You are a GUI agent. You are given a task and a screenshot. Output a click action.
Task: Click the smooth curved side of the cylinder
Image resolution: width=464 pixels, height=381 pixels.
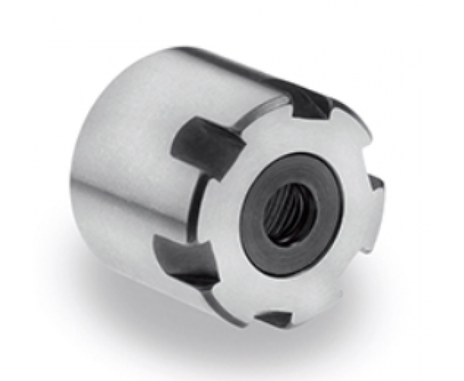(x=133, y=166)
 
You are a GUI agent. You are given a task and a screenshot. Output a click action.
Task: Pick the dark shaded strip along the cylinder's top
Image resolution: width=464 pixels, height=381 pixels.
(x=219, y=56)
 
